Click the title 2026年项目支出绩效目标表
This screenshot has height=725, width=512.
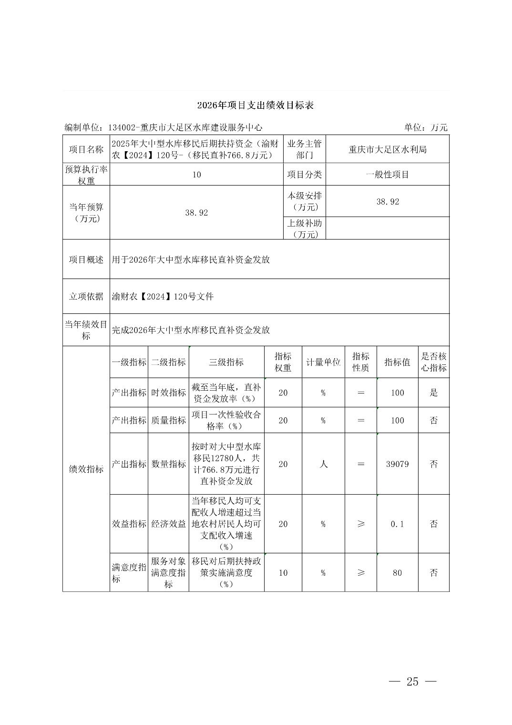(256, 105)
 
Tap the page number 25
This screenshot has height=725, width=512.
(412, 682)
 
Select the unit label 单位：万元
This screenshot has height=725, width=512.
(426, 127)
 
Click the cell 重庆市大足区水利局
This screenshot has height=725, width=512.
(387, 149)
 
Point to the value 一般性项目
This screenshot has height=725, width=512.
(387, 175)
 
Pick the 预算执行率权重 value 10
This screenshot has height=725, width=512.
(196, 175)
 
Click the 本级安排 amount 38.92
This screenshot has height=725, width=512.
(387, 202)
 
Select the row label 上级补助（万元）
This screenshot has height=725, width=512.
(304, 228)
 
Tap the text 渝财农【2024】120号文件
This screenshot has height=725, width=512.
(163, 297)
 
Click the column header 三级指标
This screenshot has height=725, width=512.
(226, 362)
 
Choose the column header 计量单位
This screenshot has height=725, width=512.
(323, 362)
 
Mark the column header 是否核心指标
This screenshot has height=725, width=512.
(433, 362)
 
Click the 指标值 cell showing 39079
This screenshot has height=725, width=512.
(397, 464)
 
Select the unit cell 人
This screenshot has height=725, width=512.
(323, 464)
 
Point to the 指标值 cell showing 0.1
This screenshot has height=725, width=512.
(397, 524)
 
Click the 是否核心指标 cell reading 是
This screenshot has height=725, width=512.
(433, 393)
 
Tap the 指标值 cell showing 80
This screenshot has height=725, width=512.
(397, 573)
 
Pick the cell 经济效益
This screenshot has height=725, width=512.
(168, 524)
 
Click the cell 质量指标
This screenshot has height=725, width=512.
(168, 420)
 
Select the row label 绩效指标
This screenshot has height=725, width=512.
(86, 469)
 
